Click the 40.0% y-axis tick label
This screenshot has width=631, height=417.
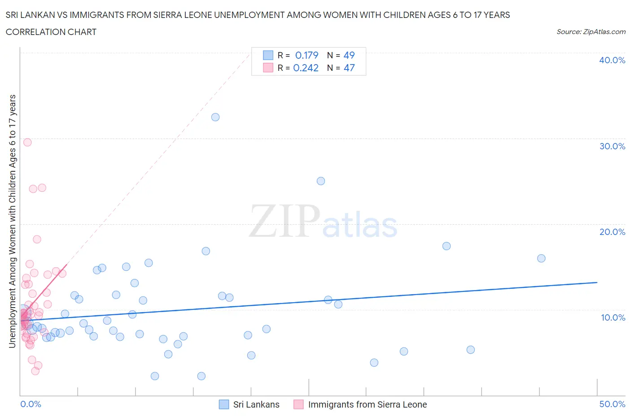click(612, 60)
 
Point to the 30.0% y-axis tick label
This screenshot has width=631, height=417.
click(612, 146)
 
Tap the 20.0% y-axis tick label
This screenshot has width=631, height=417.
click(612, 232)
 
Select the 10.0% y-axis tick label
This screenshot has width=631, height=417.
click(613, 317)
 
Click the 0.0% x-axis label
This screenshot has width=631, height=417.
click(31, 404)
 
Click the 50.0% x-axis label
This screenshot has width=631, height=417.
click(612, 404)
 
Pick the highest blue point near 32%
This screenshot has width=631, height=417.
click(215, 117)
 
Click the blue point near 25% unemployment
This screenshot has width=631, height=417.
click(321, 181)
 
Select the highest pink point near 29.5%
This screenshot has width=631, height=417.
click(27, 142)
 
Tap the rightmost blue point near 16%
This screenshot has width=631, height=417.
click(541, 258)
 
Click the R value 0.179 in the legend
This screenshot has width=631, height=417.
click(307, 55)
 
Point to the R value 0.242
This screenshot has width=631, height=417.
click(306, 68)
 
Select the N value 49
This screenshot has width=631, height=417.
click(349, 55)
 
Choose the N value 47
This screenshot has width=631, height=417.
click(349, 68)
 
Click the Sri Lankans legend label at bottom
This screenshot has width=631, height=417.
click(256, 404)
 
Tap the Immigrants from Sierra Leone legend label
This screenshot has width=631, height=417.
click(367, 404)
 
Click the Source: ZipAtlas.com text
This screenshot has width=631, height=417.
click(591, 32)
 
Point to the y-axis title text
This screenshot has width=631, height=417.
click(12, 221)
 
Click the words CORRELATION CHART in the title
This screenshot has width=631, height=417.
click(51, 32)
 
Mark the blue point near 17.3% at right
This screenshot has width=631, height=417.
click(447, 246)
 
